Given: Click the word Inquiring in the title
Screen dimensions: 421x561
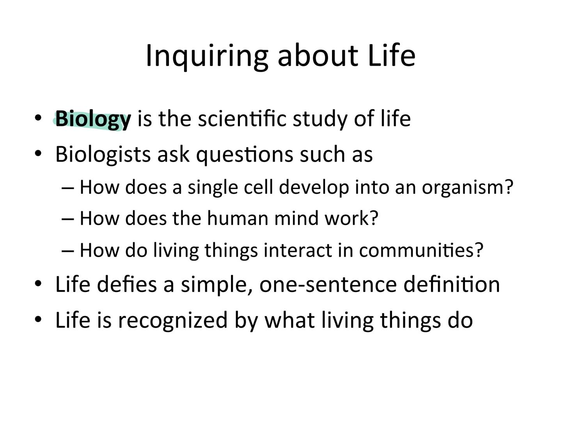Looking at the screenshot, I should pos(207,56).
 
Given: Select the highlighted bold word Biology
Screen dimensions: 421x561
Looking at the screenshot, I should pos(93,119).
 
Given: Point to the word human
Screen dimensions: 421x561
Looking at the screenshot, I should pos(237,218).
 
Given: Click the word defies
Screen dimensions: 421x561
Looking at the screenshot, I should pos(126,284).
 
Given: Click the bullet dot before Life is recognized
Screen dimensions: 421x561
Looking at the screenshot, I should pos(38,320).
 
